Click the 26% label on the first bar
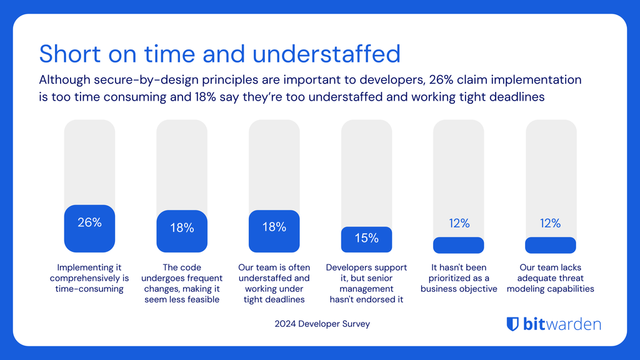coord(89,222)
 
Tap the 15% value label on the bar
coord(366,238)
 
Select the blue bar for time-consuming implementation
coord(89,229)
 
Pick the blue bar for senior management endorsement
coord(366,239)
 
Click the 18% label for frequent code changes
coord(181,228)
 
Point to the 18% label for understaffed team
coord(274,228)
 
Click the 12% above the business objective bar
coord(458,223)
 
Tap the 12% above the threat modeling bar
coord(550,223)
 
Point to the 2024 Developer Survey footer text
coord(320,324)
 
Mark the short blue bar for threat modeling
coord(550,245)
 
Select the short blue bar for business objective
coord(458,245)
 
